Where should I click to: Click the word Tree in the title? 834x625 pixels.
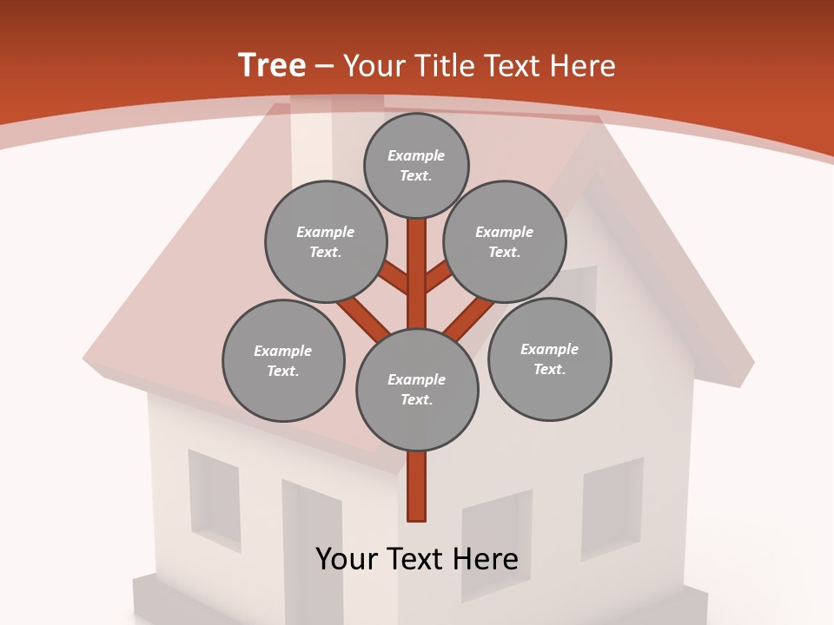(272, 66)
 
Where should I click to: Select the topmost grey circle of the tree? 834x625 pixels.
(416, 165)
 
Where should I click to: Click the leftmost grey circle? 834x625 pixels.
(283, 360)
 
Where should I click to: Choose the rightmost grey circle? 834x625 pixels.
(549, 359)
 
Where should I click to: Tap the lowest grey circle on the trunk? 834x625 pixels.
(417, 390)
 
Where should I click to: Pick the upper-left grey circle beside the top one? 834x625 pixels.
(326, 241)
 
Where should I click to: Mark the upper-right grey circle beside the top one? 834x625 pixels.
(505, 241)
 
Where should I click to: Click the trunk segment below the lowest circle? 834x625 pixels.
(417, 486)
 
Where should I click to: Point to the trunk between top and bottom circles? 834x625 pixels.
(417, 273)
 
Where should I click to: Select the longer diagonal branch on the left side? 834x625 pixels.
(363, 318)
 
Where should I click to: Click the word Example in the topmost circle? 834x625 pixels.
(416, 155)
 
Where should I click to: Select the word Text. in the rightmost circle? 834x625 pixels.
(549, 369)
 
